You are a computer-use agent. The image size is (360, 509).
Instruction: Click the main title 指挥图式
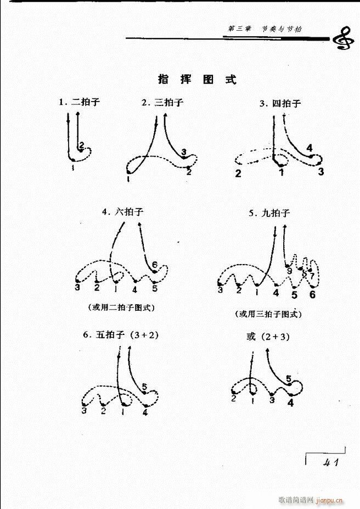click(197, 79)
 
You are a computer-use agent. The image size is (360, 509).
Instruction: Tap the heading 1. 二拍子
click(80, 102)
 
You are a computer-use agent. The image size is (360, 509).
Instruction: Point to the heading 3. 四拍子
click(280, 103)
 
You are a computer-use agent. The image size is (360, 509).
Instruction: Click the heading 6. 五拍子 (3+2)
click(121, 335)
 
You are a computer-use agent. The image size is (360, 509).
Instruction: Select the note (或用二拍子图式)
click(121, 307)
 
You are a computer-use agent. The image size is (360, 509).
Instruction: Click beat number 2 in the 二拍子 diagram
click(81, 146)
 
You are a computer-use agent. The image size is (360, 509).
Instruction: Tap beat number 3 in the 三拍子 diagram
click(183, 152)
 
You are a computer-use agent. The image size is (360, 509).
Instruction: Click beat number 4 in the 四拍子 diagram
click(310, 148)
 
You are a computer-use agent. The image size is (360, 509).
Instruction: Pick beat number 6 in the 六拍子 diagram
click(155, 265)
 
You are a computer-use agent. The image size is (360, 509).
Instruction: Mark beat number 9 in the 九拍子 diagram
click(289, 270)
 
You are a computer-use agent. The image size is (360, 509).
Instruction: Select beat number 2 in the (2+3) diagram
click(233, 399)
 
